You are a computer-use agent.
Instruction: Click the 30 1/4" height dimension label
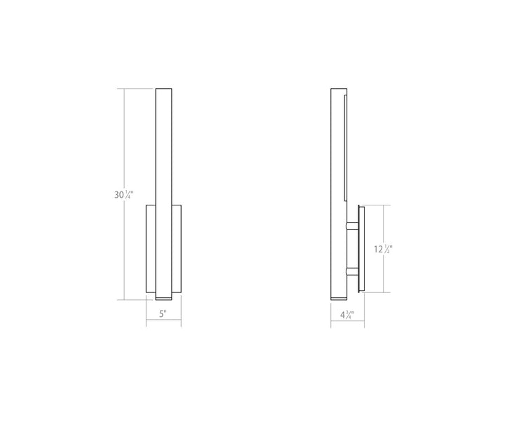(x=123, y=195)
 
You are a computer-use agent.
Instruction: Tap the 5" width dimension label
(x=163, y=314)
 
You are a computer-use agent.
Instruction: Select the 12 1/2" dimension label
(x=383, y=249)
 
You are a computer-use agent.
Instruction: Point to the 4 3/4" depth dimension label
(x=347, y=314)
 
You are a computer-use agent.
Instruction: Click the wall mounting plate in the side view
(x=360, y=248)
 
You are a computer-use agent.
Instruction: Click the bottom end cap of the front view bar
(x=163, y=295)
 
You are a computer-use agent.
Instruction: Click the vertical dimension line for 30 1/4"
(x=125, y=140)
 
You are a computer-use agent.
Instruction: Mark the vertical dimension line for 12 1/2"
(x=383, y=224)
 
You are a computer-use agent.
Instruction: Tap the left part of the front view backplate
(x=150, y=248)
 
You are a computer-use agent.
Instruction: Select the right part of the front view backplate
(x=176, y=248)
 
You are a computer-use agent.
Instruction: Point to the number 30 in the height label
(x=119, y=196)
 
